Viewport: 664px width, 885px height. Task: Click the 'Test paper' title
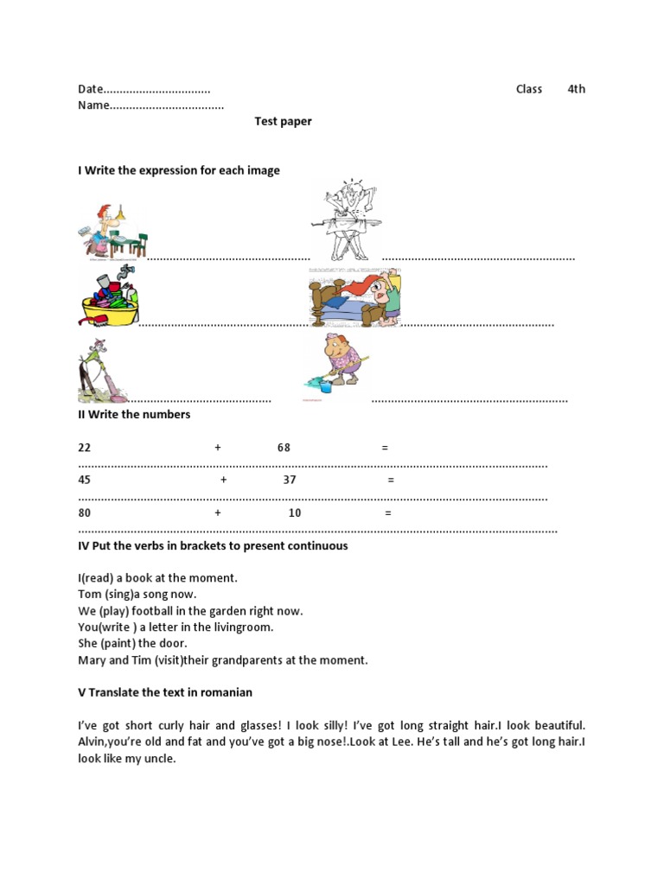[x=283, y=122]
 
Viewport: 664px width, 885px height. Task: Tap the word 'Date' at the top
[x=90, y=89]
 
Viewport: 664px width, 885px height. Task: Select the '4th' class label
[x=576, y=89]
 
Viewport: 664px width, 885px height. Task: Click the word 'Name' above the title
[x=93, y=105]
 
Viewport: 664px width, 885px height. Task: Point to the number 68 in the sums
[x=284, y=448]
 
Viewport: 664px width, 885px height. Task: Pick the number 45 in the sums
[x=84, y=480]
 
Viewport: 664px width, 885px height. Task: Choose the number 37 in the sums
[x=289, y=480]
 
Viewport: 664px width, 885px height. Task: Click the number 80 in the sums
[x=84, y=513]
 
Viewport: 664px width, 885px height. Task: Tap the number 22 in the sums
[x=84, y=448]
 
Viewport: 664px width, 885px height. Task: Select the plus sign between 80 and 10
[x=218, y=513]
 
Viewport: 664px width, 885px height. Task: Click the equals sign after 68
[x=385, y=448]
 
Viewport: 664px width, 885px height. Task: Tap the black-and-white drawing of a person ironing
[x=345, y=221]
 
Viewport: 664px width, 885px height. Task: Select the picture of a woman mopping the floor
[x=337, y=364]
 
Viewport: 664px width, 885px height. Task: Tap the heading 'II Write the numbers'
[x=134, y=415]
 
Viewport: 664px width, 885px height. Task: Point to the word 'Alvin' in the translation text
[x=93, y=742]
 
